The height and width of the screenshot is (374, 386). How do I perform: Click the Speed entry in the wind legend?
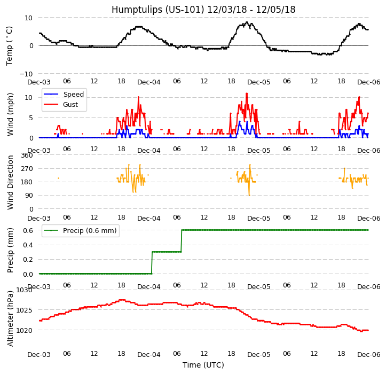pos(73,95)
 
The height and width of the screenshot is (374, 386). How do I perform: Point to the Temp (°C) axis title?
pos(10,45)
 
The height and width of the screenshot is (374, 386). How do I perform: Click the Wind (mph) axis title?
pos(10,114)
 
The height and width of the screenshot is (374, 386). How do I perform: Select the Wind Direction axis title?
pos(10,182)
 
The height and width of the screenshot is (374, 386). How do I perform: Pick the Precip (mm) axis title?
pos(10,250)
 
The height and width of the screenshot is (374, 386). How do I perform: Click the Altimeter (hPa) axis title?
pos(10,318)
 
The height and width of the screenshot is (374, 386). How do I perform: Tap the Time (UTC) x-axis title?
pos(203,365)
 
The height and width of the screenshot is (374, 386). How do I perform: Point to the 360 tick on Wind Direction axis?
pos(27,155)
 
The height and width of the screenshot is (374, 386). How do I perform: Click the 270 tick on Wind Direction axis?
pos(27,169)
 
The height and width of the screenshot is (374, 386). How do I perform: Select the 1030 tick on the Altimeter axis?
pos(24,290)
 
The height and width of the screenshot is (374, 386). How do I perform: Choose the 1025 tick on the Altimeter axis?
pos(24,310)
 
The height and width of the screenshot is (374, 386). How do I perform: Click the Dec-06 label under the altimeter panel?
pos(368,355)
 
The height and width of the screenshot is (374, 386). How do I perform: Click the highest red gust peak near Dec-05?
pos(247,93)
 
